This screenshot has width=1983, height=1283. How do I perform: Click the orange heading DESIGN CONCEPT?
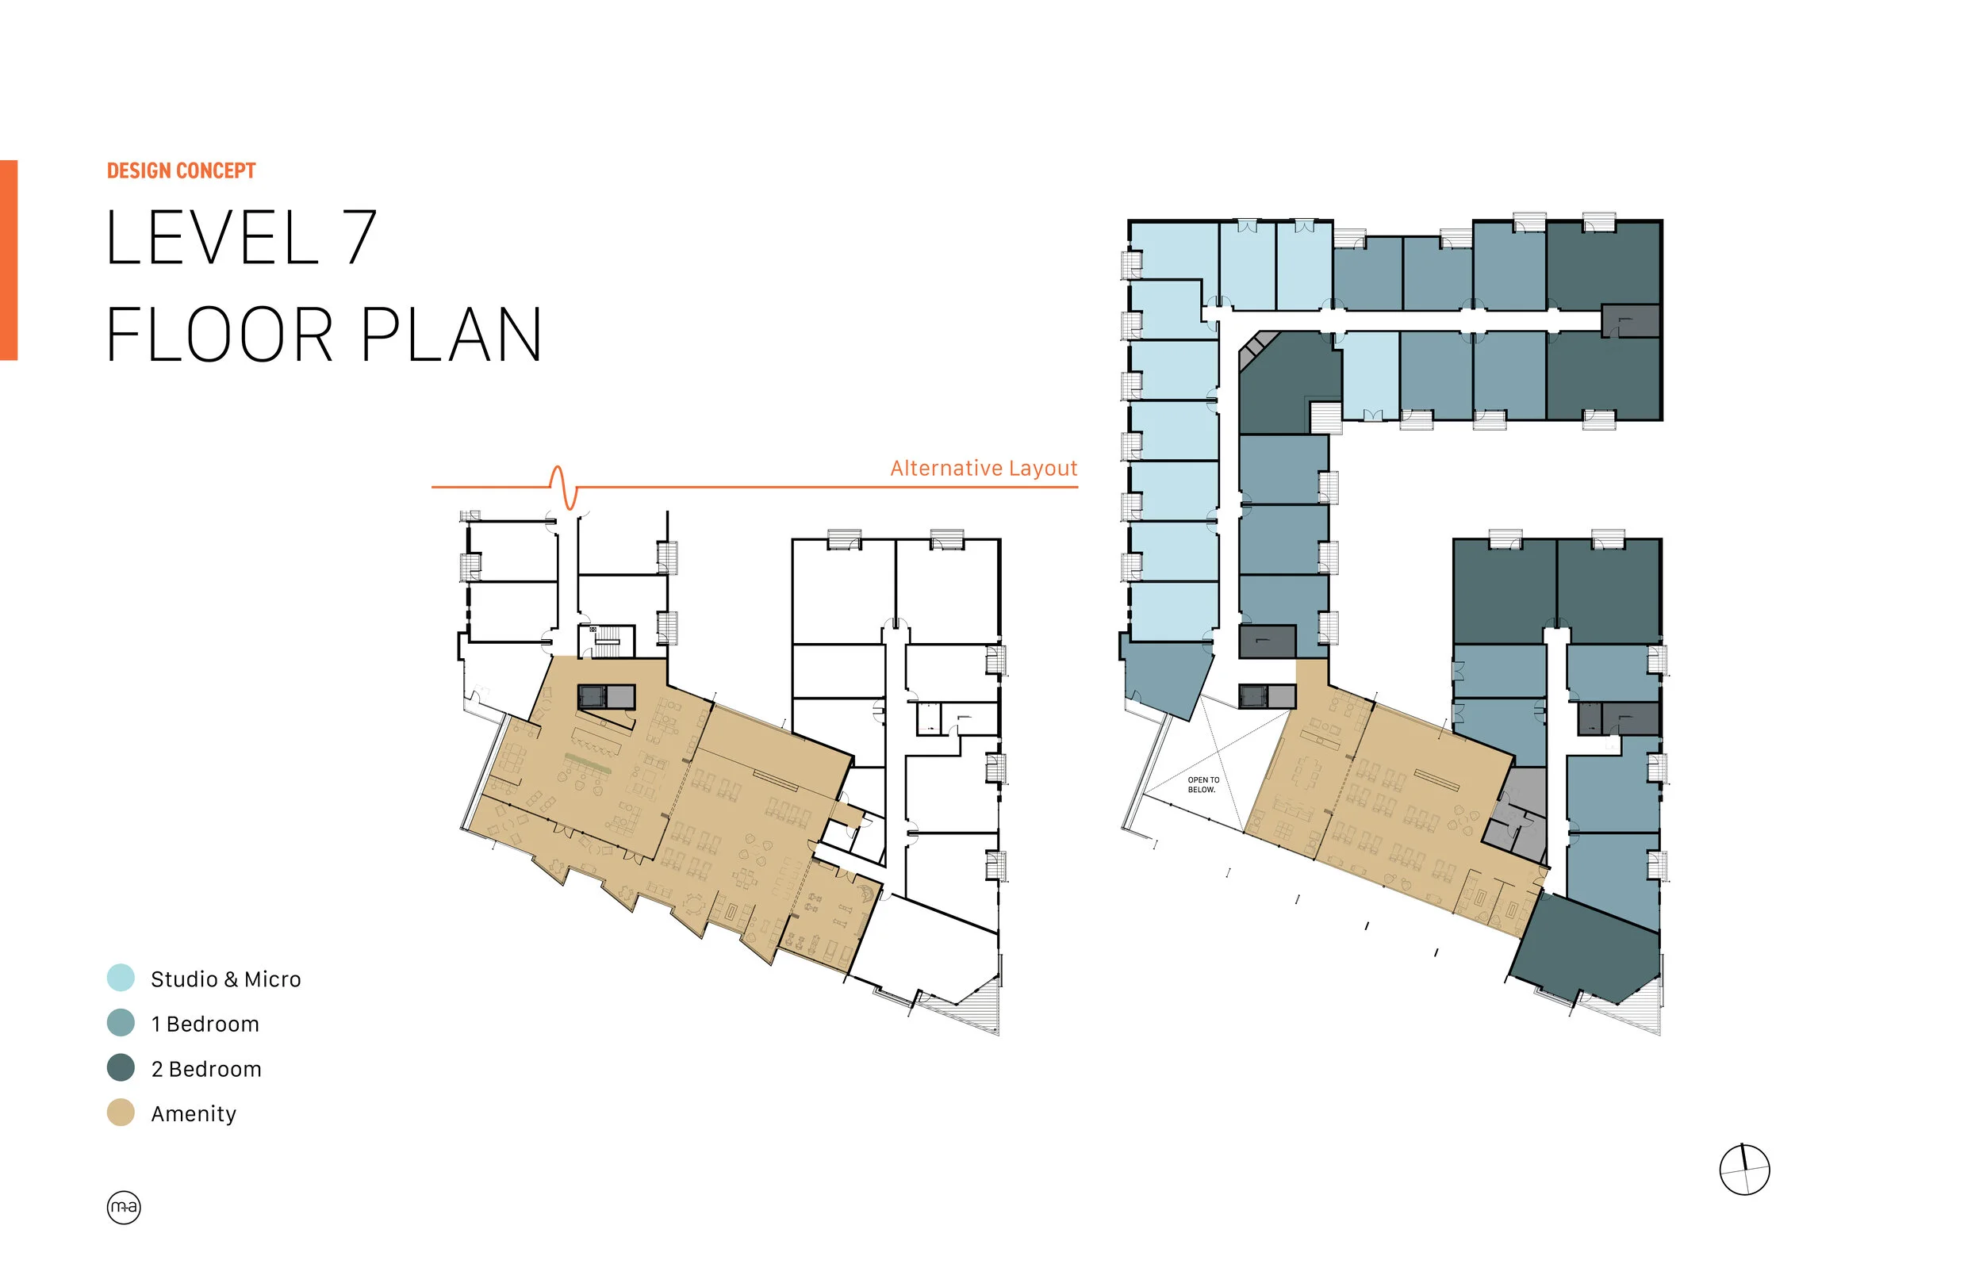point(181,170)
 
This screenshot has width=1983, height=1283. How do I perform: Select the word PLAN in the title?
point(451,335)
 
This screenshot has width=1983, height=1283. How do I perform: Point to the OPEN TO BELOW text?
point(1202,785)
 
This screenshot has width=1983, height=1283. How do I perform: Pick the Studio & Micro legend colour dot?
point(121,978)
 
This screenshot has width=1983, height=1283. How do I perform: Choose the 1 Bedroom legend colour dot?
point(121,1023)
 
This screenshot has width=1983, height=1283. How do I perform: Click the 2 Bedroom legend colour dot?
point(121,1068)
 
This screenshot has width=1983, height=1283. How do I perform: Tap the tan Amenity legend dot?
point(121,1113)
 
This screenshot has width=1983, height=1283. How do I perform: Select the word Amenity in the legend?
point(194,1114)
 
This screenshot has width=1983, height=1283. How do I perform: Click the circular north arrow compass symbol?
point(1744,1170)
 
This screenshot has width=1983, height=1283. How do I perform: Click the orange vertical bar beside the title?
point(9,260)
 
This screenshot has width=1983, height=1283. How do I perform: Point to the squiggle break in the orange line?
point(564,487)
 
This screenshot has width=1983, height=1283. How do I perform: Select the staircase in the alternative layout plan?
point(607,640)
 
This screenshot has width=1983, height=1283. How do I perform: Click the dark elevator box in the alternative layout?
point(593,696)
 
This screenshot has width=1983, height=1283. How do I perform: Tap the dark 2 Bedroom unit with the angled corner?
point(1287,383)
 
